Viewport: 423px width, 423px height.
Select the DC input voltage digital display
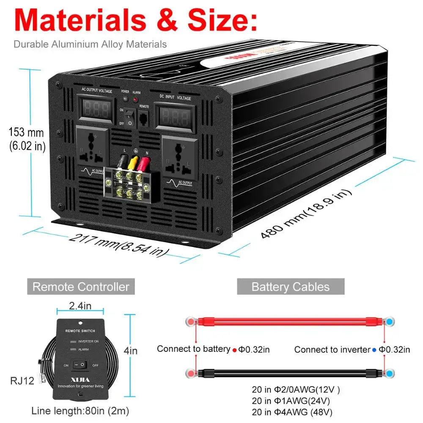tap(174, 116)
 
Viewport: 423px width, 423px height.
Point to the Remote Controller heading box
tap(81, 287)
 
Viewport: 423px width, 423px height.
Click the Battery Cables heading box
tap(290, 287)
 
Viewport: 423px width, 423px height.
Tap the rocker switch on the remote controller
tap(80, 364)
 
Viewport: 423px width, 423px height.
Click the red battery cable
tap(290, 321)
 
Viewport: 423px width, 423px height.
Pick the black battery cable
tap(290, 373)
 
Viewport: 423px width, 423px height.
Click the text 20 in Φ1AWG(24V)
tap(290, 401)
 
